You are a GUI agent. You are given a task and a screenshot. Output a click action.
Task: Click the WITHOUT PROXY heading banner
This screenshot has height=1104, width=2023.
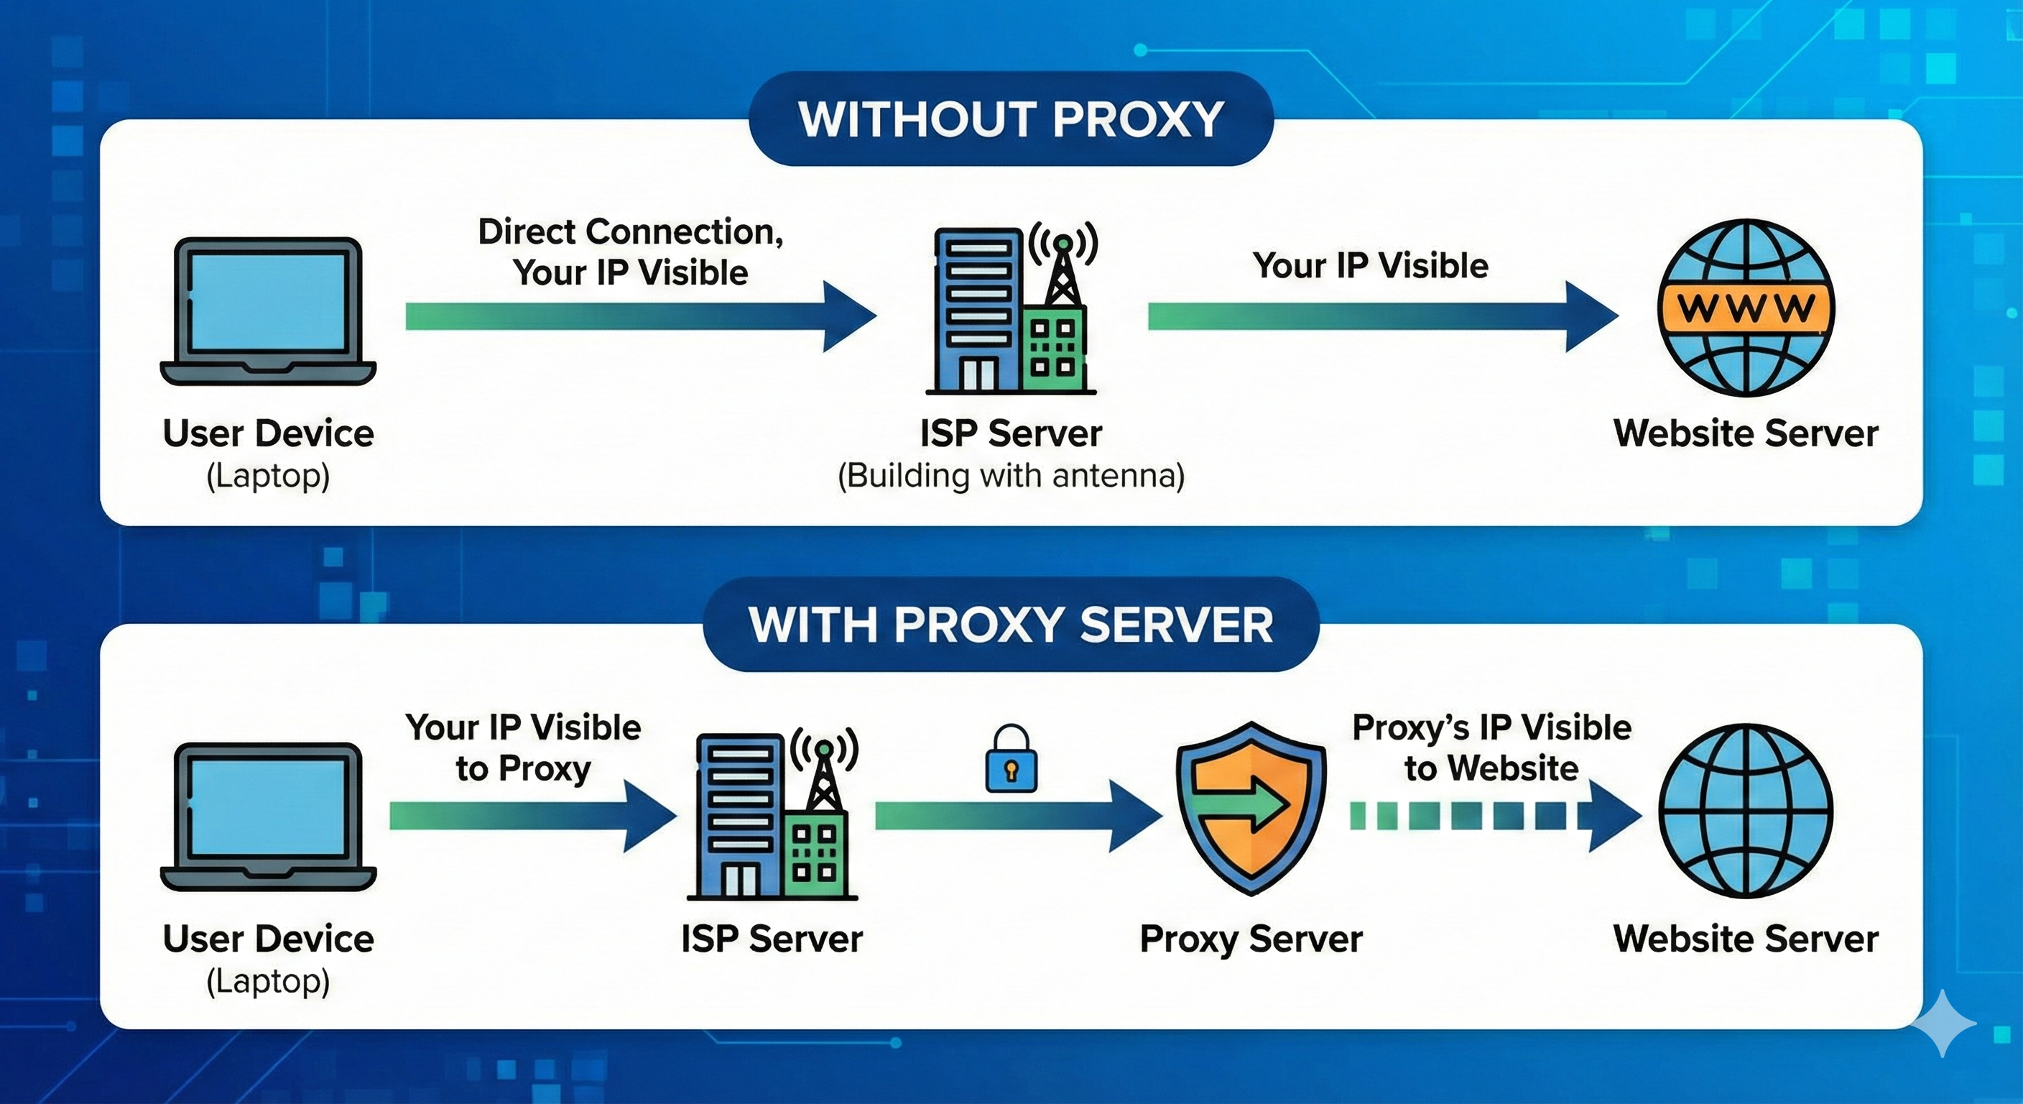pos(1011,119)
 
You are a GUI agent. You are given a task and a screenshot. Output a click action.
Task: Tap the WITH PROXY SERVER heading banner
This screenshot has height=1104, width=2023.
pos(1011,625)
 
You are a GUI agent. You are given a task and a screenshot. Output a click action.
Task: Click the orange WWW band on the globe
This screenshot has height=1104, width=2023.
pos(1745,307)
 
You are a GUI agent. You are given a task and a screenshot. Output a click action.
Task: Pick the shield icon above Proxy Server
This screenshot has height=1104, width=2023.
pos(1250,809)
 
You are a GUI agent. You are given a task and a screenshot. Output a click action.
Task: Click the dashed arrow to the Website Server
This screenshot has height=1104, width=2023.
pos(1492,816)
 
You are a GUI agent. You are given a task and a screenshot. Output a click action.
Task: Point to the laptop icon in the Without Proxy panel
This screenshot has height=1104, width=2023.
pos(268,312)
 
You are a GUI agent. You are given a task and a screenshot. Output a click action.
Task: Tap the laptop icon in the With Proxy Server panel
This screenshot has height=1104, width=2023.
pos(268,817)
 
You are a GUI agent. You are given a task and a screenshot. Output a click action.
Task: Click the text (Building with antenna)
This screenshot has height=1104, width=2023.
pos(1011,477)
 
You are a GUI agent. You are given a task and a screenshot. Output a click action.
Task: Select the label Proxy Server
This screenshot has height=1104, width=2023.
pos(1250,939)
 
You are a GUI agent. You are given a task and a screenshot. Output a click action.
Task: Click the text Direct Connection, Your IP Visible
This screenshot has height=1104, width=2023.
pos(631,252)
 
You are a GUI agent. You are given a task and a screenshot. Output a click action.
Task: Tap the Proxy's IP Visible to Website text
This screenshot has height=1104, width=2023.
pos(1491,747)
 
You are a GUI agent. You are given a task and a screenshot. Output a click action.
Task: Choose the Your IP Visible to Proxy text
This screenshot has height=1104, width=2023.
pos(523,747)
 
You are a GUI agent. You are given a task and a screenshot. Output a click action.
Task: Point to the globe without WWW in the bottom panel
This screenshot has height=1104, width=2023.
pos(1745,811)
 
